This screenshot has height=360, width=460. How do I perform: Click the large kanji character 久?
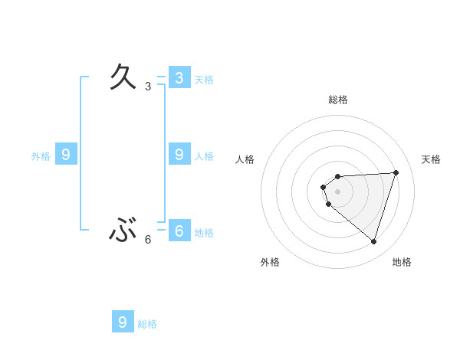(x=123, y=77)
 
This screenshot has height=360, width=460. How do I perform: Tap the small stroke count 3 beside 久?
(x=148, y=87)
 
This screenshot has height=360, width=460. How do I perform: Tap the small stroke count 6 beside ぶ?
(x=148, y=240)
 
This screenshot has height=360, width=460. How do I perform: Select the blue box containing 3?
(x=179, y=77)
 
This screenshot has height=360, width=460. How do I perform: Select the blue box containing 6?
(x=179, y=230)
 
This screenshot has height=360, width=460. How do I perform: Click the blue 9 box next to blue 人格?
(x=179, y=154)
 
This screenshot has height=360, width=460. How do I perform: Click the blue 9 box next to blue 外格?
(x=66, y=155)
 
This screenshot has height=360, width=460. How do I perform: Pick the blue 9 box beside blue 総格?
(x=123, y=322)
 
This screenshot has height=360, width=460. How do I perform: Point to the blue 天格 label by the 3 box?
(x=204, y=80)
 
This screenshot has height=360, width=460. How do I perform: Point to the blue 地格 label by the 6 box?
(x=204, y=233)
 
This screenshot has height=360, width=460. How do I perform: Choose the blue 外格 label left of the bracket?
(x=41, y=156)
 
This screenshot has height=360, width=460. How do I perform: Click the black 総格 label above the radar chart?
(x=338, y=100)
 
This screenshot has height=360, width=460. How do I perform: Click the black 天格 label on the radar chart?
(x=432, y=159)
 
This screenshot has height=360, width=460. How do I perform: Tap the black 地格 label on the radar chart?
(x=402, y=262)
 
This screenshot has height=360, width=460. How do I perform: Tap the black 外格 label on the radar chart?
(x=270, y=262)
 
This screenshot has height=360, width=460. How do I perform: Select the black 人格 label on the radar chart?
(x=245, y=159)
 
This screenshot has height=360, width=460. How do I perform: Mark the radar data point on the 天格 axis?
(x=396, y=172)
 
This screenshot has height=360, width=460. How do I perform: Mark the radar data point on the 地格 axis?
(x=373, y=241)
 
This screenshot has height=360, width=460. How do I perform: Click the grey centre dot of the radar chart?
(x=337, y=191)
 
